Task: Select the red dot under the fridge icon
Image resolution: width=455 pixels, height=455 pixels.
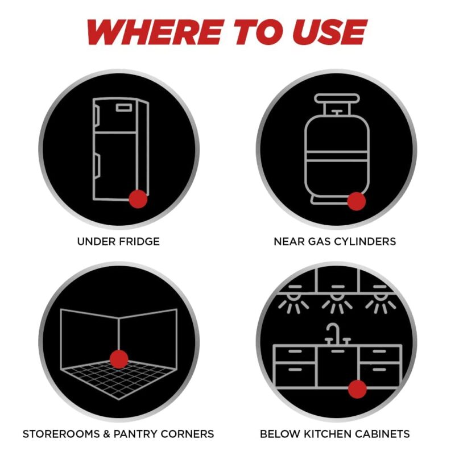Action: (x=138, y=199)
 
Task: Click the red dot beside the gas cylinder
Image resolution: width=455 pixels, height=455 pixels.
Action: (x=357, y=201)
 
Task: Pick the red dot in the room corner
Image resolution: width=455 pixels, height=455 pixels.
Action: (x=119, y=359)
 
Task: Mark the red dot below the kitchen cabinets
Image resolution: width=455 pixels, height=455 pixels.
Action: (x=357, y=389)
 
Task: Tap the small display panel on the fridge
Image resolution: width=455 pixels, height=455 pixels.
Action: (x=124, y=108)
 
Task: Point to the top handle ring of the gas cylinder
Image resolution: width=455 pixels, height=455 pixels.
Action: (x=337, y=98)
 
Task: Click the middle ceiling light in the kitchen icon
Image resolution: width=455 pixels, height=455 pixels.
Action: (x=337, y=300)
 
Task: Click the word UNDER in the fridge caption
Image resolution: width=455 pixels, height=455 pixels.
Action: (x=94, y=241)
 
